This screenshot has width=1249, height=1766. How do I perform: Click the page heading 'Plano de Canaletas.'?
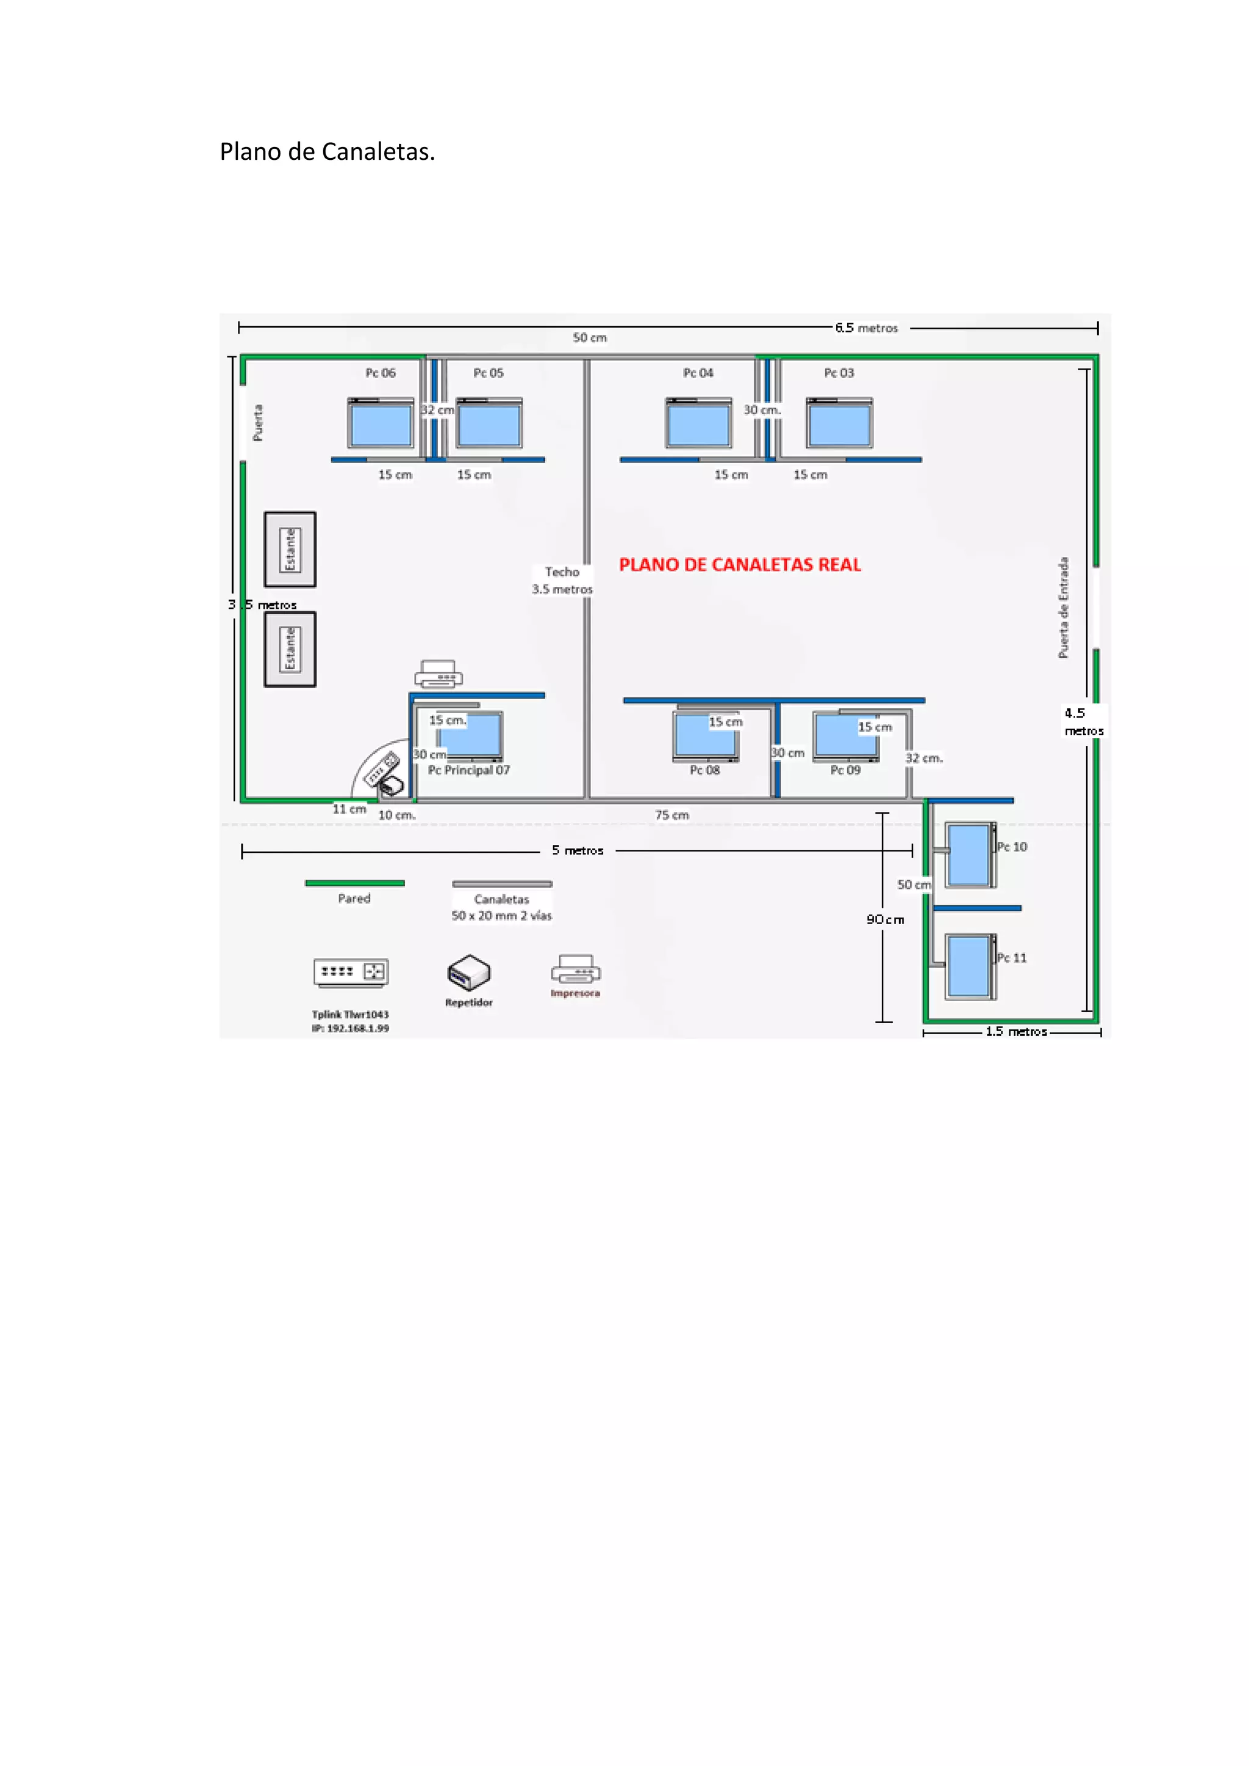(x=327, y=151)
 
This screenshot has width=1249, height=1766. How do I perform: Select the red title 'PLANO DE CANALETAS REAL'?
(x=740, y=564)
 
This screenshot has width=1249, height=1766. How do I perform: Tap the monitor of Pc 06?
(x=381, y=423)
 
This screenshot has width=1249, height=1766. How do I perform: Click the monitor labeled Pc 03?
(x=840, y=423)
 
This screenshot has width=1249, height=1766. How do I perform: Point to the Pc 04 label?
(x=698, y=373)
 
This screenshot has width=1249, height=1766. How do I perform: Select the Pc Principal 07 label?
(x=469, y=770)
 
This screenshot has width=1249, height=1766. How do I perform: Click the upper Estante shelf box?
(x=290, y=549)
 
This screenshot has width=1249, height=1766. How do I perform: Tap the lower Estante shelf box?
(x=290, y=649)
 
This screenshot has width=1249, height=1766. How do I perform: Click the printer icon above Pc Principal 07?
(x=438, y=674)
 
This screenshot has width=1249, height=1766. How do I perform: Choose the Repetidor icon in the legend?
(x=469, y=973)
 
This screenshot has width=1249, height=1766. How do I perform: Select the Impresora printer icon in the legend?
(x=575, y=969)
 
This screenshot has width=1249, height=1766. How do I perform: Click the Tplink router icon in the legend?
(x=351, y=972)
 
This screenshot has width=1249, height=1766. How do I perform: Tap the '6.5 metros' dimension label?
(x=867, y=328)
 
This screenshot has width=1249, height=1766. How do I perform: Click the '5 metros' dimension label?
(x=578, y=850)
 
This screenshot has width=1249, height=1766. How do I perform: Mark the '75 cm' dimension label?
(x=672, y=814)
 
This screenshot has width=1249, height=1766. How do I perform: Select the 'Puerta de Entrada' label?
(x=1064, y=608)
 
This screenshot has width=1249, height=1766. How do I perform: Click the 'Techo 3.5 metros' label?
(x=562, y=580)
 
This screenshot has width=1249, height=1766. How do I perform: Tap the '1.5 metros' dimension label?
(x=1017, y=1032)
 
